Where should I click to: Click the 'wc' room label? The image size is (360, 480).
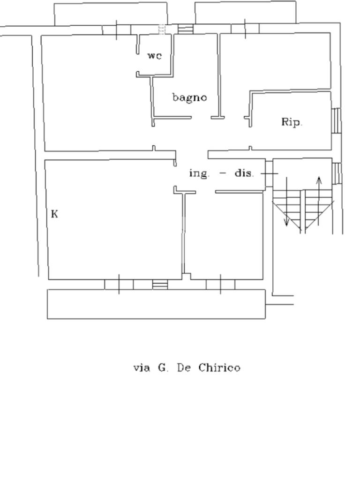tap(155, 56)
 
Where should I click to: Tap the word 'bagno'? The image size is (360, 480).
tap(189, 97)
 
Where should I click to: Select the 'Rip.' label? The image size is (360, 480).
tap(292, 122)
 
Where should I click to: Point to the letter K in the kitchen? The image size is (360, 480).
tap(54, 214)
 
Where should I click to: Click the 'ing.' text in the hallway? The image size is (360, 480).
tap(200, 173)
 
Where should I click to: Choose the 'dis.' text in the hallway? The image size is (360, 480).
tap(244, 173)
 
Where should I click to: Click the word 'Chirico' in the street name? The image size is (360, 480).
tap(219, 367)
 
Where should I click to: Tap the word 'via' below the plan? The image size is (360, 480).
tap(142, 367)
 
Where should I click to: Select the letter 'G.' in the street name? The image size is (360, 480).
tap(163, 367)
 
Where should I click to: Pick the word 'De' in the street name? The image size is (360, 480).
tap(183, 367)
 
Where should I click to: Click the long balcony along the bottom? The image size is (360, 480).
tap(156, 304)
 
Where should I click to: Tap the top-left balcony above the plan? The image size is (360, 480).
tap(111, 14)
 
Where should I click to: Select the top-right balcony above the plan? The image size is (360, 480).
tap(245, 13)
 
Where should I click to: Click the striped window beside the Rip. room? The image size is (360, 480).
tap(336, 120)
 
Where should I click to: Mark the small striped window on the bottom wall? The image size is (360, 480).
tap(160, 285)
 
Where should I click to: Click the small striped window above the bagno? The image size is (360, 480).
tap(186, 30)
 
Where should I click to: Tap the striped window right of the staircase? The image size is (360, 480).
tap(336, 173)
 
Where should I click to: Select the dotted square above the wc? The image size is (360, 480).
tap(162, 30)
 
